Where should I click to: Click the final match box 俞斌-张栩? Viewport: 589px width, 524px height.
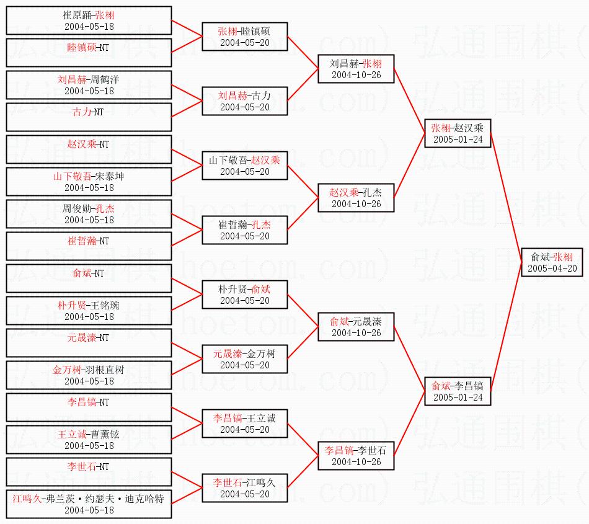(x=552, y=262)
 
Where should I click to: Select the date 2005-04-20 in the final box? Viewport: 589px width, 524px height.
(x=552, y=268)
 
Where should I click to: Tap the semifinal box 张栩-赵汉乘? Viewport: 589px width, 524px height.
(x=458, y=133)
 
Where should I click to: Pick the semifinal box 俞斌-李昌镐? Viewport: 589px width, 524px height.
(x=458, y=391)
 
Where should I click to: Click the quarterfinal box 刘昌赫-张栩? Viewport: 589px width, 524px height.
(x=356, y=69)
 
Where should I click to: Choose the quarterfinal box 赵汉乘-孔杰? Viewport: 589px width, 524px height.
(x=356, y=198)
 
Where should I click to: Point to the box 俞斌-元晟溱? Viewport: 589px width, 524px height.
(x=356, y=327)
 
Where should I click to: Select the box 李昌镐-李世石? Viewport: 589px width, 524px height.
(x=356, y=456)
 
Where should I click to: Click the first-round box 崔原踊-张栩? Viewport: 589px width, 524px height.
(x=89, y=20)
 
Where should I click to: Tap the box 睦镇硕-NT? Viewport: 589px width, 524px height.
(x=89, y=53)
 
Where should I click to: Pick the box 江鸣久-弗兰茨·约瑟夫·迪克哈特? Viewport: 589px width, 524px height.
(x=89, y=504)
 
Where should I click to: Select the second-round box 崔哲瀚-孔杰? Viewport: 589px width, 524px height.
(x=244, y=230)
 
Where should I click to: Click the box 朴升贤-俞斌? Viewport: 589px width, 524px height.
(x=244, y=295)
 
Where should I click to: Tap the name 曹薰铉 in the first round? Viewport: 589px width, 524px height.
(x=105, y=434)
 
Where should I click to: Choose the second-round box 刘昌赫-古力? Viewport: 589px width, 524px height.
(x=244, y=101)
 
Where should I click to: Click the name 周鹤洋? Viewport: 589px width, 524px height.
(x=105, y=79)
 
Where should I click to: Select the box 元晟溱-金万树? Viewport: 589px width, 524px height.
(x=244, y=359)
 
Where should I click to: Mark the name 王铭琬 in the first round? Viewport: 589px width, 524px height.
(x=105, y=305)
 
